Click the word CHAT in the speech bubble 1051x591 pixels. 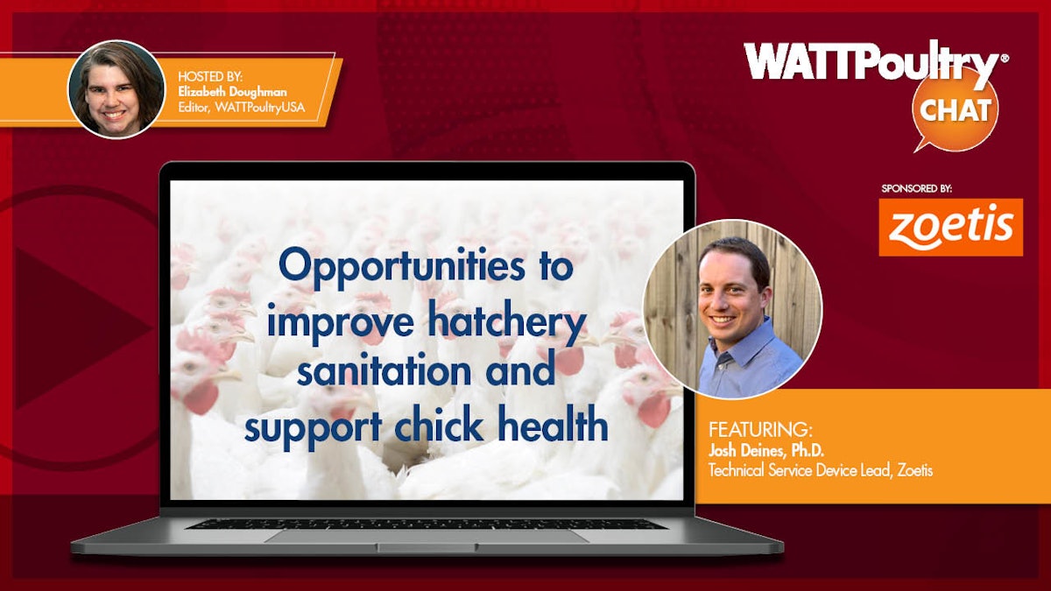tap(956, 109)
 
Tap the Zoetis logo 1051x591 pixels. tap(950, 227)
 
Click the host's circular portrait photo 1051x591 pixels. tap(116, 88)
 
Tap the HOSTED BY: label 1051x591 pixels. tap(210, 77)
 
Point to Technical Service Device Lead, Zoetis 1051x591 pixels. tap(820, 470)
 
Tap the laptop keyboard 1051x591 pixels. tap(426, 524)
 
